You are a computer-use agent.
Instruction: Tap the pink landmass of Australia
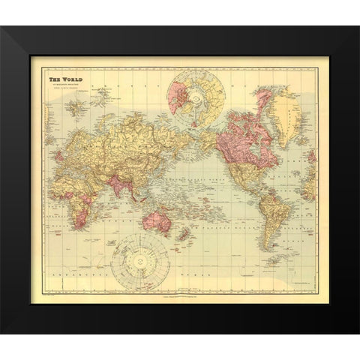pos(157,222)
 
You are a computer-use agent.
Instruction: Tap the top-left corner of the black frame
pos(2,28)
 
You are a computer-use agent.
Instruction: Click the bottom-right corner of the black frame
pos(357,331)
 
